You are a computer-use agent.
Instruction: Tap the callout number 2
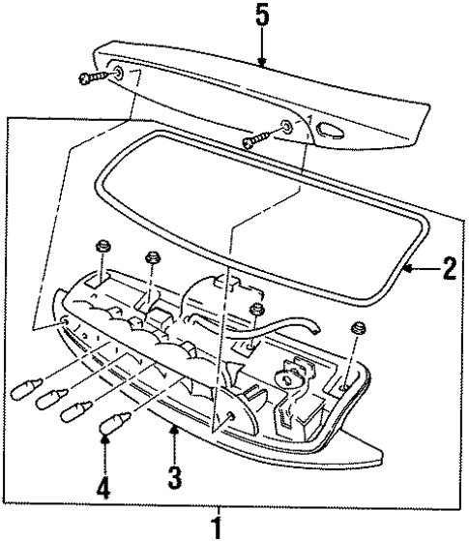pos(448,267)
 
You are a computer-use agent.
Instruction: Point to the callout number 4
pos(103,481)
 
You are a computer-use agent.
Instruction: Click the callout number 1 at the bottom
pos(218,528)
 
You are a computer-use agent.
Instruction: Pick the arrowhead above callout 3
pos(175,431)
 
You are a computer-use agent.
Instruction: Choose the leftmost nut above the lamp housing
pos(103,248)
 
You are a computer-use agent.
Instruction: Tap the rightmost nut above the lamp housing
pos(359,327)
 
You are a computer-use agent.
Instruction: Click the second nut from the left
pos(151,259)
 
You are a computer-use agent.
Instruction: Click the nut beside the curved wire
pos(255,311)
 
